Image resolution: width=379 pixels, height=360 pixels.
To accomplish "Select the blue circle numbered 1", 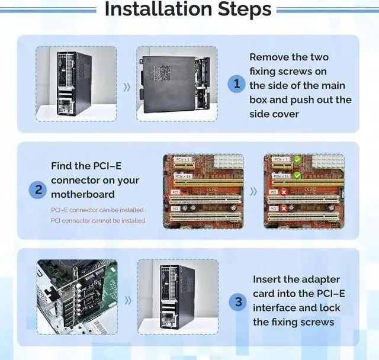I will coord(237,83).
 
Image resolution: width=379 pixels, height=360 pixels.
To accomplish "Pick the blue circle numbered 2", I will coord(37,190).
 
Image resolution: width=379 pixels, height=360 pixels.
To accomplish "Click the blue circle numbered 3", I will coord(238,302).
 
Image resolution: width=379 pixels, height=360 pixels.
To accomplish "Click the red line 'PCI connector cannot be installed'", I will coord(98,220).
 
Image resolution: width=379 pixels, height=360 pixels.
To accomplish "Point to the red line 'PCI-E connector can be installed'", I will coord(97,210).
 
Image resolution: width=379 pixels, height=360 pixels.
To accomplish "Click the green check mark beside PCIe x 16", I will coord(298,176).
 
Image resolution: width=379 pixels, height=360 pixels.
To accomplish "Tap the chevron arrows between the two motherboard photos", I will coord(253,191).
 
